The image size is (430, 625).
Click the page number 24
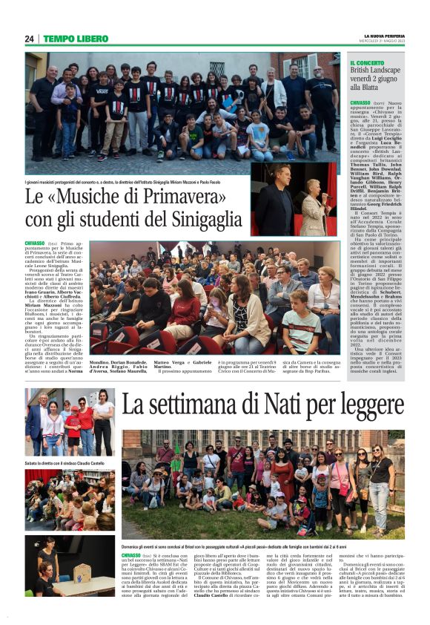coord(29,39)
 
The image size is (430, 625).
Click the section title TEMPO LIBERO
coord(76,39)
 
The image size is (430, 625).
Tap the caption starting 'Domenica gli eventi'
coord(263,546)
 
